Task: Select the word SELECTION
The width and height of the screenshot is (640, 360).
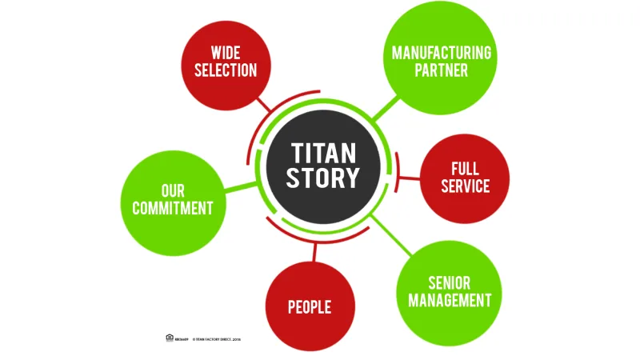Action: point(226,70)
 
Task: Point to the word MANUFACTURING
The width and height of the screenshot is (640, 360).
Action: point(442,53)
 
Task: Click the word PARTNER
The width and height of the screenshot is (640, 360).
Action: point(442,70)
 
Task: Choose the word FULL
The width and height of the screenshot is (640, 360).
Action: point(465,169)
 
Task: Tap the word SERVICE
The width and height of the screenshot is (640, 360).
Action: point(465,186)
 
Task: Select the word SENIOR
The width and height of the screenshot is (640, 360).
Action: point(449,282)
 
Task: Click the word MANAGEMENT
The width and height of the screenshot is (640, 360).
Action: point(449,301)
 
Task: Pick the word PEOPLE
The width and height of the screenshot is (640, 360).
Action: point(310,307)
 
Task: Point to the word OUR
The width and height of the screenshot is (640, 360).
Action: point(173,191)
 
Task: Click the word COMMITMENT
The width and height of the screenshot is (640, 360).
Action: point(173,209)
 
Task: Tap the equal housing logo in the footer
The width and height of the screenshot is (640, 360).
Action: point(170,338)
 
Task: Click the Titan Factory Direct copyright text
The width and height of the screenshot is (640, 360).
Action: point(216,339)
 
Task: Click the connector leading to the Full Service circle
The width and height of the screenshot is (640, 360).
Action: point(408,178)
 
